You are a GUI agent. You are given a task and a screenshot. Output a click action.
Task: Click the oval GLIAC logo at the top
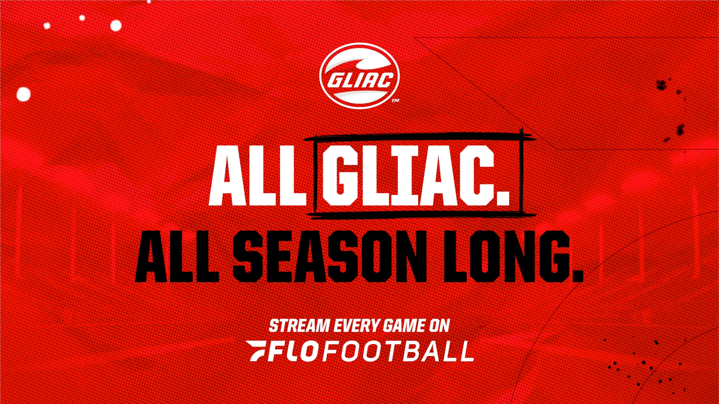[359, 76]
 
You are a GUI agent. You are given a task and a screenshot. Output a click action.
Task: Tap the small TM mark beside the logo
[395, 101]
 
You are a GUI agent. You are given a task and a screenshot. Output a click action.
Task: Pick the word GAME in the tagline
[404, 326]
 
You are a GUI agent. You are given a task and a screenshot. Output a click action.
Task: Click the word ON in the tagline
[439, 326]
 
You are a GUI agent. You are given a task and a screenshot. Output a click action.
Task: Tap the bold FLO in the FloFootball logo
[294, 351]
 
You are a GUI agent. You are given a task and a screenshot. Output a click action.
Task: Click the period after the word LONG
[577, 275]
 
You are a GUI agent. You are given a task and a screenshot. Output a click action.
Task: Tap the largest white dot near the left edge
[23, 94]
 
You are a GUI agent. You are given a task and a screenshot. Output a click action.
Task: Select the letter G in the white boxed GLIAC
[340, 176]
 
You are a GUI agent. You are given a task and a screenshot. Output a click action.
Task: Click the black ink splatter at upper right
[662, 85]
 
